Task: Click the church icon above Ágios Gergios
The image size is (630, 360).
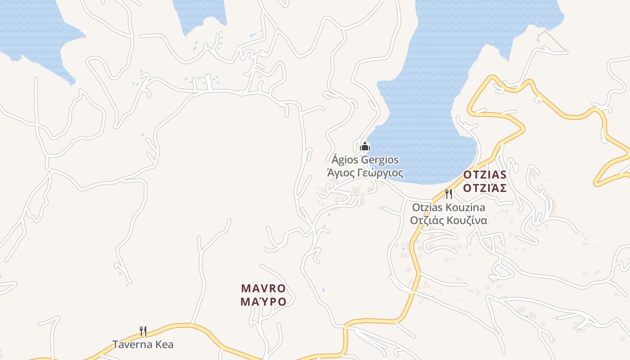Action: [365, 146]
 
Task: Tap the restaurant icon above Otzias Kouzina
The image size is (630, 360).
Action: [448, 194]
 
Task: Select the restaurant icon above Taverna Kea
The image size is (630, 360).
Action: [143, 331]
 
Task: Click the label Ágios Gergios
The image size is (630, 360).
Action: [365, 160]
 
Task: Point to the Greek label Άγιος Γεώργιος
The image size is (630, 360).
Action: [365, 173]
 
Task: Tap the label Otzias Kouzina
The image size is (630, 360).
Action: [449, 207]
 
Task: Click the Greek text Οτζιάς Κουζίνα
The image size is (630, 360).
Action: [448, 220]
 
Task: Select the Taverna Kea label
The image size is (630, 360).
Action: [143, 345]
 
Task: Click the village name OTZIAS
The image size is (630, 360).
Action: [485, 175]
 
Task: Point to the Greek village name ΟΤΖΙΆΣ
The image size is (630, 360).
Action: [485, 188]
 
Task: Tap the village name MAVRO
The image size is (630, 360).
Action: [263, 288]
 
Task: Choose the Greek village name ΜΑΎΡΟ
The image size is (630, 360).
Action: [263, 301]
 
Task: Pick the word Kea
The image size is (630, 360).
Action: [164, 345]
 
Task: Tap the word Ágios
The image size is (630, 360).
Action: [343, 160]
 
